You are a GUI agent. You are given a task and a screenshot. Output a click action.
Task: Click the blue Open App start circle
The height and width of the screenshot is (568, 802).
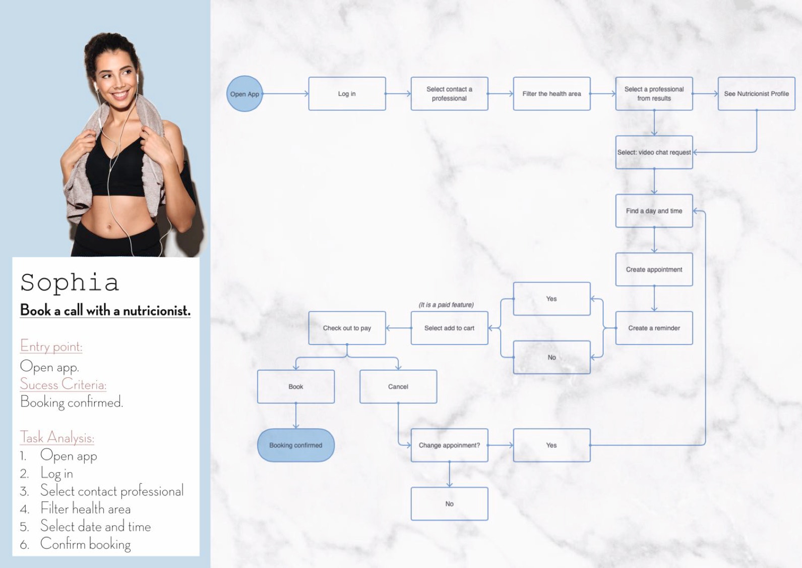[x=244, y=93]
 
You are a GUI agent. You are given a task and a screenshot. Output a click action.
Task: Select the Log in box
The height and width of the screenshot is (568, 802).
[x=347, y=93]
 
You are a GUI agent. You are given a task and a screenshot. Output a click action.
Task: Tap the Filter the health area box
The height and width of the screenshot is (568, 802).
[x=552, y=93]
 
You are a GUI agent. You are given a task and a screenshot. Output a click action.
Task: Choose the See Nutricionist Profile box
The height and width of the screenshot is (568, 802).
[x=757, y=93]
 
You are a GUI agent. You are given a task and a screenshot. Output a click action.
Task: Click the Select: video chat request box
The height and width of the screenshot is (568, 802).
[x=654, y=152]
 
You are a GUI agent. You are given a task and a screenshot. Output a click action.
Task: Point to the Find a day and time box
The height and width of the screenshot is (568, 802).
[x=654, y=211]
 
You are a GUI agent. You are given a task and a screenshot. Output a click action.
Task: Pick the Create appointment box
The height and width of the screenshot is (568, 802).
[x=654, y=269]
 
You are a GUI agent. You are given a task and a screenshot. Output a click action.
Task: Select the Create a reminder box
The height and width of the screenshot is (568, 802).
[x=654, y=328]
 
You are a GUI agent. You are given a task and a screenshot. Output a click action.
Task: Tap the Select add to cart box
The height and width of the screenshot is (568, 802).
[x=449, y=328]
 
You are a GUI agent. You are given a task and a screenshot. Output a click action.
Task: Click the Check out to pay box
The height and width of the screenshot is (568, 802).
[x=347, y=328]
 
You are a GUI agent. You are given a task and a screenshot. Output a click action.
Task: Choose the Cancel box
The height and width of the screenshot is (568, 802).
[x=398, y=387]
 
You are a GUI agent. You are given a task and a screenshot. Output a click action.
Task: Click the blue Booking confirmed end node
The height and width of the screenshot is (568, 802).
[x=296, y=445]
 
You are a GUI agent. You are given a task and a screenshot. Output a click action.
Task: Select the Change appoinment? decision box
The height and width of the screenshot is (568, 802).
[x=449, y=445]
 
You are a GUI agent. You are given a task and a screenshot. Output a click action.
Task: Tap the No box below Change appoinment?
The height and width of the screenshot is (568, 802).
[x=449, y=504]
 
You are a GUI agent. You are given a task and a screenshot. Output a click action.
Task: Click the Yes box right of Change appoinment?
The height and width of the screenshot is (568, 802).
[x=552, y=445]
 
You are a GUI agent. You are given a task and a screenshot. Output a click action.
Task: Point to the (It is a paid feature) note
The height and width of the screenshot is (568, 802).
[x=446, y=305]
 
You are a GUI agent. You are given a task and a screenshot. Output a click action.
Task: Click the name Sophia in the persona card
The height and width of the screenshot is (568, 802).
[x=70, y=283]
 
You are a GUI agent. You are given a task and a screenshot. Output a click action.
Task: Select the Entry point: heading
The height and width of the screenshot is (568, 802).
[x=51, y=346]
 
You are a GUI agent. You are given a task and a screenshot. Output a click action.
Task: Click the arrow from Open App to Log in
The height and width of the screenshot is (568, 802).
[x=285, y=93]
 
